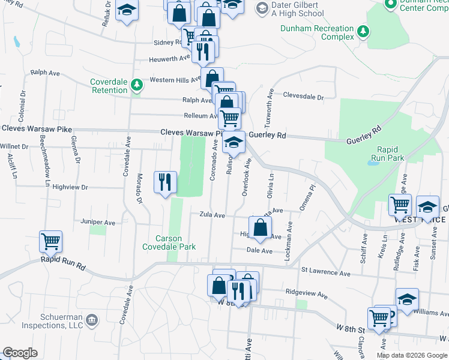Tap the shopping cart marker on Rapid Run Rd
[51, 242]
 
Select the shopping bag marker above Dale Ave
[260, 227]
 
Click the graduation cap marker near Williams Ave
[407, 299]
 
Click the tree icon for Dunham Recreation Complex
[363, 31]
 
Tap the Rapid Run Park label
[391, 154]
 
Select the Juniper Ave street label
[101, 222]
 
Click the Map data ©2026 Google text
[411, 355]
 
